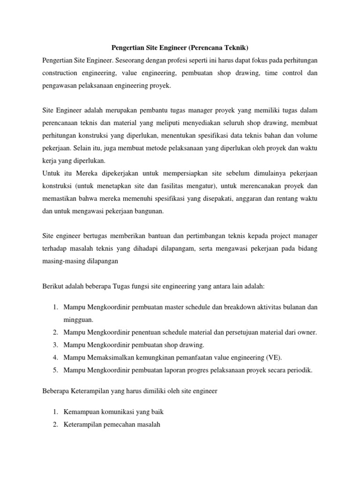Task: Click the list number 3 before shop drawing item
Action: tap(55, 345)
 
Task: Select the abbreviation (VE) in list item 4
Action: tap(274, 358)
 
